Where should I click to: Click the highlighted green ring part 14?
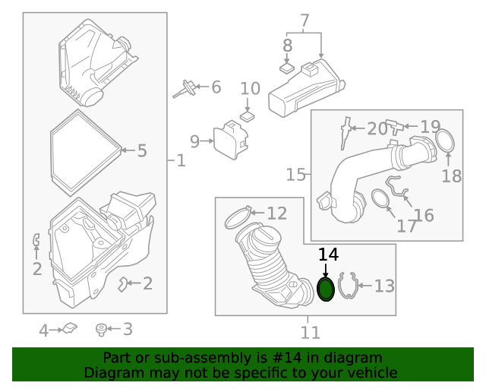click(326, 289)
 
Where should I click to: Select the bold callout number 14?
click(328, 255)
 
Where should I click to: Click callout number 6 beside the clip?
click(216, 87)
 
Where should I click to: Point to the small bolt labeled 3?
click(100, 329)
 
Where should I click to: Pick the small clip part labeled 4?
click(68, 328)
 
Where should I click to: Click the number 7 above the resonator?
click(305, 21)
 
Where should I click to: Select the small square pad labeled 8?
click(286, 67)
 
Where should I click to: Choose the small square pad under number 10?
click(248, 117)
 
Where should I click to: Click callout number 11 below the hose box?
click(310, 332)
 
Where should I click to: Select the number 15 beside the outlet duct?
click(296, 176)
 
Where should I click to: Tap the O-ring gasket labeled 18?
click(446, 141)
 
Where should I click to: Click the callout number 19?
click(430, 127)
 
